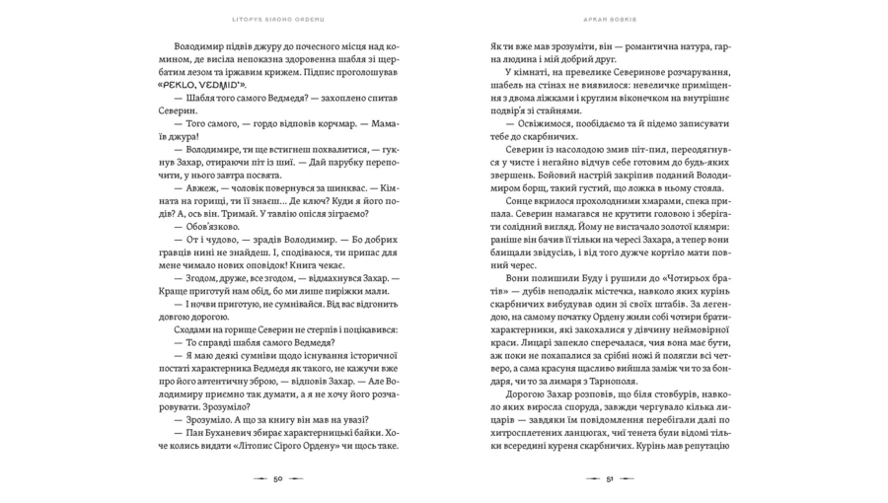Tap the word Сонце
[523, 197]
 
